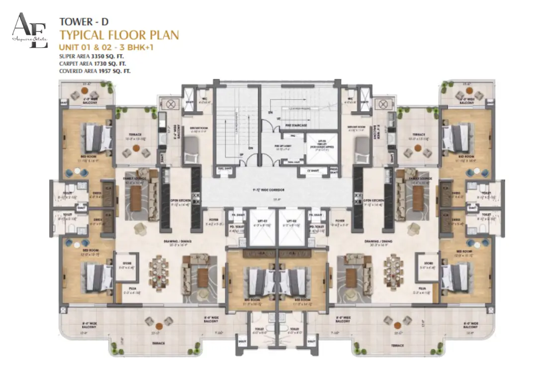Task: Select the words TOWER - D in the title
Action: pyautogui.click(x=83, y=21)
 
